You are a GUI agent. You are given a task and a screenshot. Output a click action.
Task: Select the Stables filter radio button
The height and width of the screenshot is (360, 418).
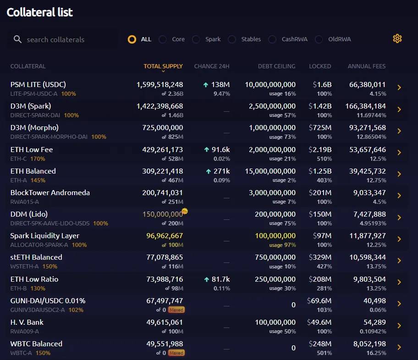[x=232, y=39]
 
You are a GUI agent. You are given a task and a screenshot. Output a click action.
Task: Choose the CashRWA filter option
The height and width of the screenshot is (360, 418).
[x=273, y=39]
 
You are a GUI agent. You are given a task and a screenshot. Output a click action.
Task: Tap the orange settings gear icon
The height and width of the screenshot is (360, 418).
[x=397, y=38]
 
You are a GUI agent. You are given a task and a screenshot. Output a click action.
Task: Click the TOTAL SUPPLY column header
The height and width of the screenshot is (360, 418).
[x=163, y=66]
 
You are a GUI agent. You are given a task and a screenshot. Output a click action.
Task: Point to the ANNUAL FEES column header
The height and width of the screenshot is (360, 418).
[x=366, y=66]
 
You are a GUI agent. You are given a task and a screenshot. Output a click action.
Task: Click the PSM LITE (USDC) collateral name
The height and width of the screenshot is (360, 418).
[x=38, y=84]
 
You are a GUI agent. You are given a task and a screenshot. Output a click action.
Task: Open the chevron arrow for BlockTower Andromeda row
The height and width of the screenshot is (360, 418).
[x=399, y=196]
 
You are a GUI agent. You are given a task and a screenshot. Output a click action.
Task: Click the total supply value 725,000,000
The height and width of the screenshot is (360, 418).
[x=162, y=127]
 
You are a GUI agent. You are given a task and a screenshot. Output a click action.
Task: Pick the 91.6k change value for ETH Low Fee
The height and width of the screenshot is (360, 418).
[x=217, y=149]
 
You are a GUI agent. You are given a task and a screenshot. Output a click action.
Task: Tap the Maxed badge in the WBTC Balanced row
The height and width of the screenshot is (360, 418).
[x=176, y=353]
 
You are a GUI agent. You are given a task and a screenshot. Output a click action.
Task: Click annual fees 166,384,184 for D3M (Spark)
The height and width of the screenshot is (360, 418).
[x=365, y=106]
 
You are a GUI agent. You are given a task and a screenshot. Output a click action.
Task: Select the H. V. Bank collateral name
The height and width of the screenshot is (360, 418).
[x=27, y=322]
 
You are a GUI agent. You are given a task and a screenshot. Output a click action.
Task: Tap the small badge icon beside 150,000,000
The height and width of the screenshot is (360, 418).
[x=185, y=211]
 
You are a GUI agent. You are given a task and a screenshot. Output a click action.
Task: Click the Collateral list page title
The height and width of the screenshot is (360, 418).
[x=39, y=12]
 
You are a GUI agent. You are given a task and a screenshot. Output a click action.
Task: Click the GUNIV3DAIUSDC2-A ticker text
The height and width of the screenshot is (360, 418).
[x=38, y=310]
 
